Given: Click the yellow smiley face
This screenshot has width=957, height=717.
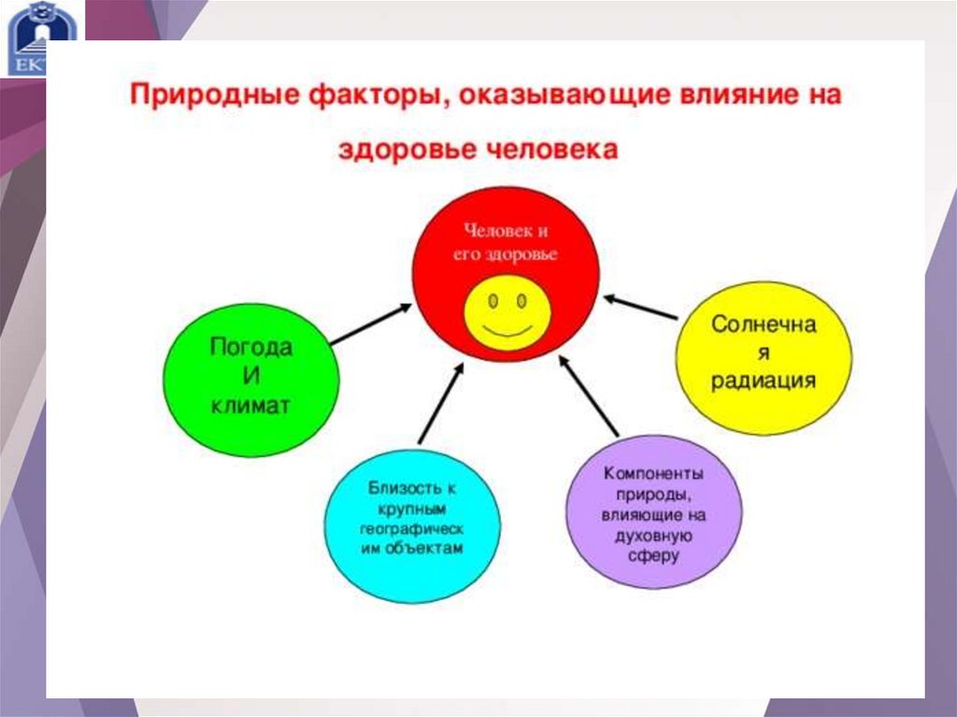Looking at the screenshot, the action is [507, 310].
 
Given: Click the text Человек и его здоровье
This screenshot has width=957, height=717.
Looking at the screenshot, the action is [506, 241].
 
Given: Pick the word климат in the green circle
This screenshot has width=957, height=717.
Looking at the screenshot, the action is [250, 407].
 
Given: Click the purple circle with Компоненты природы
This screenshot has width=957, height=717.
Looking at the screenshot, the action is [653, 512].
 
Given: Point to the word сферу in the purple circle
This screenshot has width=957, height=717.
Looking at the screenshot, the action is [653, 555].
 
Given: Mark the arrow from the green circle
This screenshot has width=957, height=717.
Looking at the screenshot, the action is [370, 323].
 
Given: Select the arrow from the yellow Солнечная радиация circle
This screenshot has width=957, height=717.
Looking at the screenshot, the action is [640, 308].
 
